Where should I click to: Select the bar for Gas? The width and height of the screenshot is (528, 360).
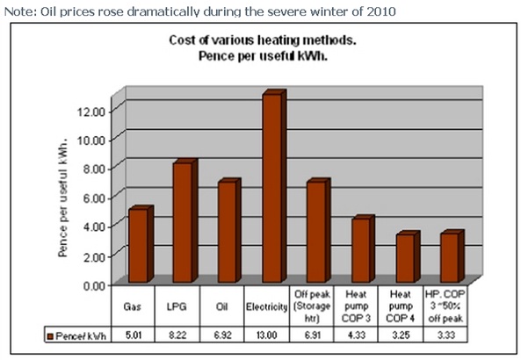pyautogui.click(x=137, y=247)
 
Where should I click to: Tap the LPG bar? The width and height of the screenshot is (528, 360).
pyautogui.click(x=181, y=223)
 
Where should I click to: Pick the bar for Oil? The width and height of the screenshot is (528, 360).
pyautogui.click(x=226, y=233)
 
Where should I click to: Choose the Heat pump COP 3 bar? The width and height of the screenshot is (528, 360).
pyautogui.click(x=359, y=251)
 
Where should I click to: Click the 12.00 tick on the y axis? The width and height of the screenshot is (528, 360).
pyautogui.click(x=92, y=111)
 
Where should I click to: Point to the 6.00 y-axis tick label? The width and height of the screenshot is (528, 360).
pyautogui.click(x=92, y=198)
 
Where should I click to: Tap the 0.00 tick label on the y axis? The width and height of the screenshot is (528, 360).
pyautogui.click(x=92, y=284)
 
